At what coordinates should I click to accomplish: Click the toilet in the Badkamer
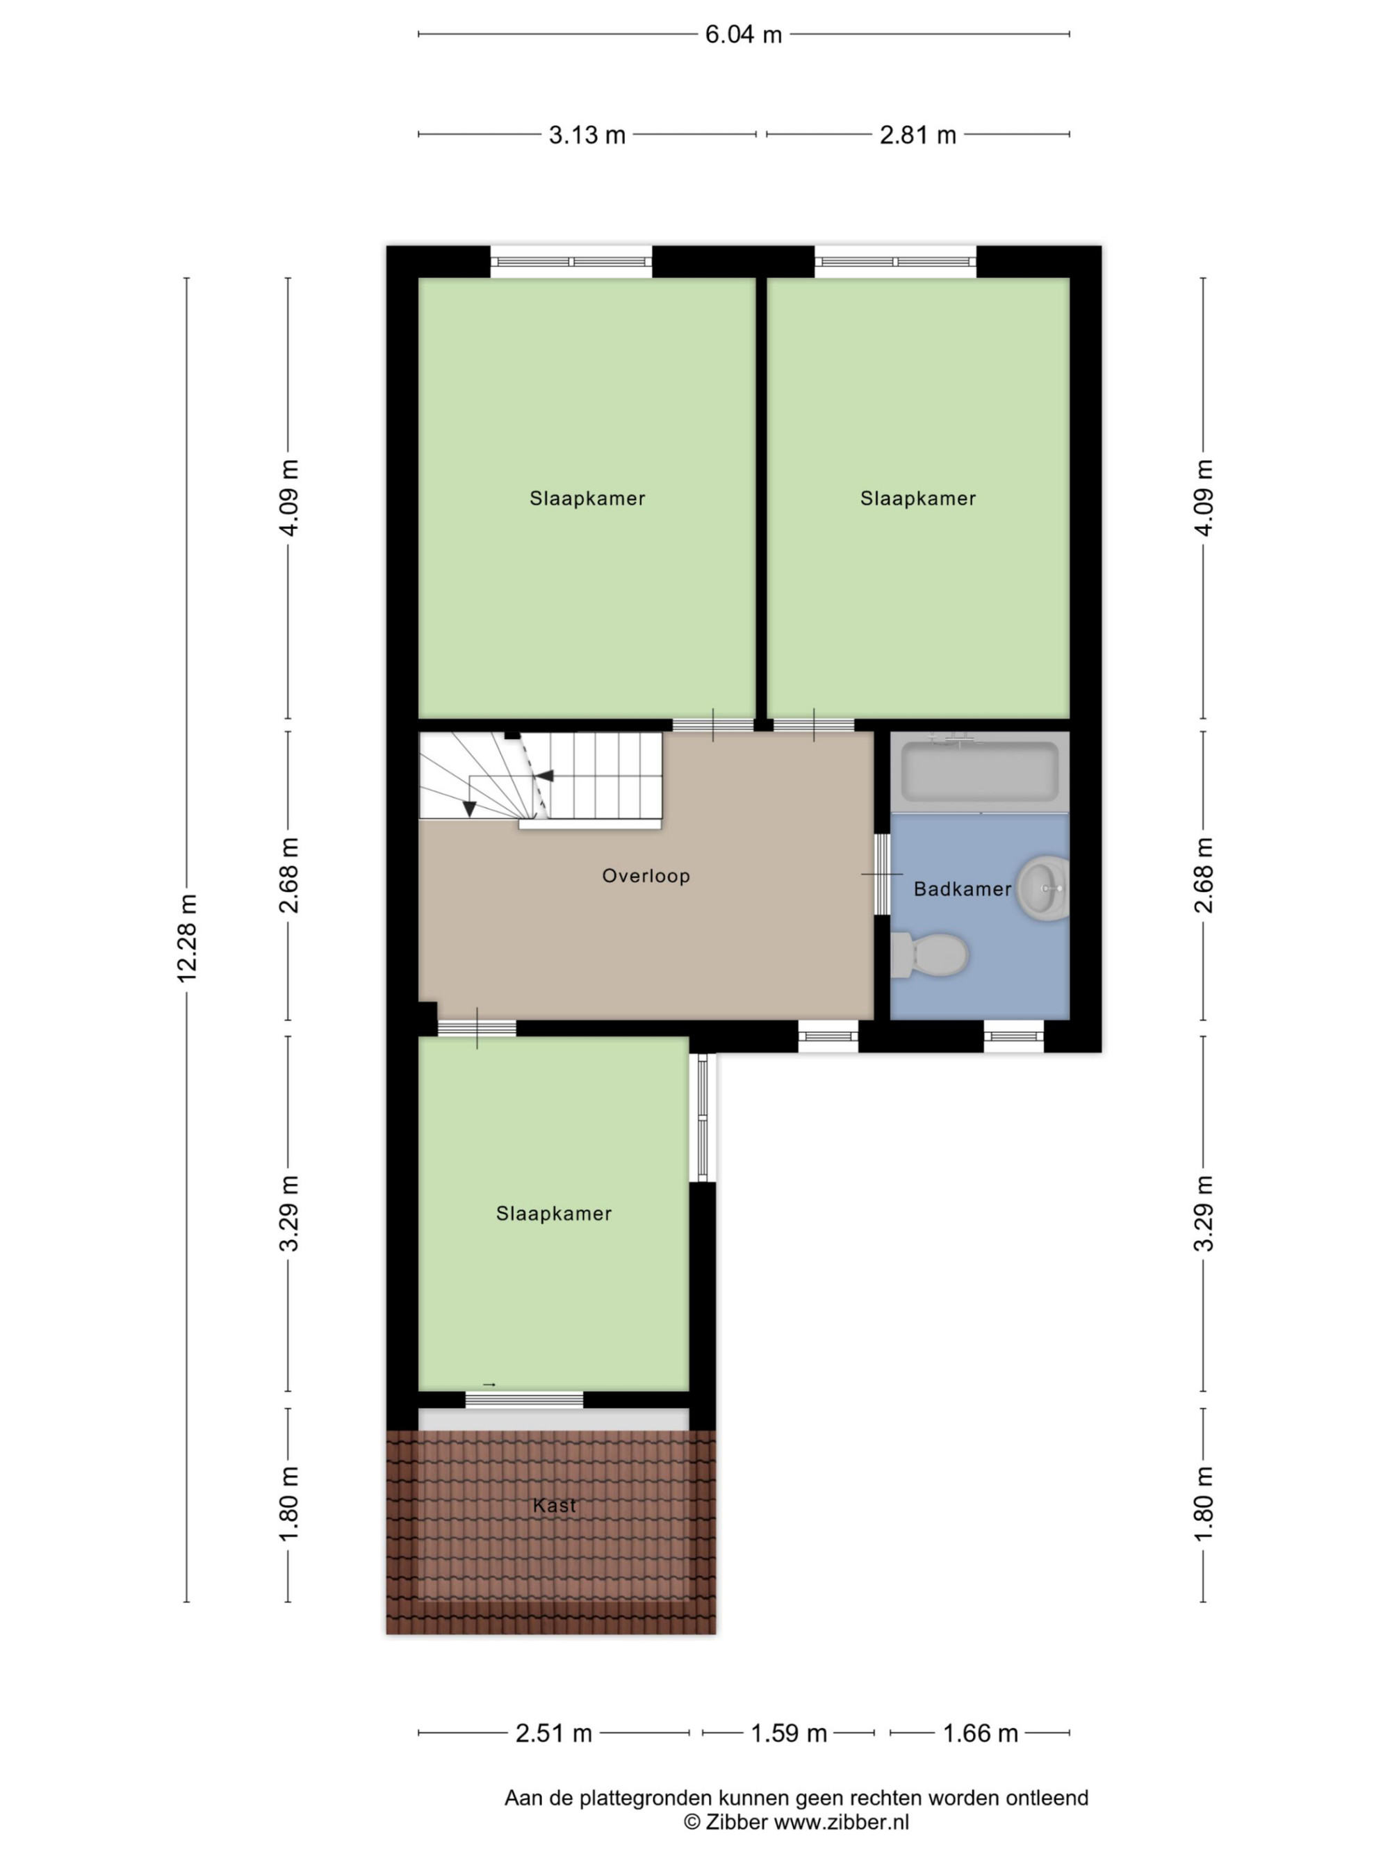point(929,954)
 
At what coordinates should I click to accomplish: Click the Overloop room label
point(646,876)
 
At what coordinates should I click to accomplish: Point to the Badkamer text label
point(962,889)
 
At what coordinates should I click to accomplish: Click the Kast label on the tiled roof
point(554,1505)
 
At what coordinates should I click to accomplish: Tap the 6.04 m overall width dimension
point(743,34)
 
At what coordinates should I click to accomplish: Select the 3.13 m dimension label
point(587,135)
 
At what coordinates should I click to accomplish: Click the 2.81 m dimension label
point(917,135)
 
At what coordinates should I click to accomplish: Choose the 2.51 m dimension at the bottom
point(553,1733)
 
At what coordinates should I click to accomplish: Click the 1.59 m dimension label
point(788,1733)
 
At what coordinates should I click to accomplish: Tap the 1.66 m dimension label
point(980,1733)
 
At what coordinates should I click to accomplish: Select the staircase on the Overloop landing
point(541,779)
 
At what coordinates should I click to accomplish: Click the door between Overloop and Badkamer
point(882,875)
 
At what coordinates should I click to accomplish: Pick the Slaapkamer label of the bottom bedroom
point(554,1214)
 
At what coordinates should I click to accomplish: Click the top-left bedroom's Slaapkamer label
point(587,498)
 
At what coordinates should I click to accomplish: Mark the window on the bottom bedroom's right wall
point(703,1117)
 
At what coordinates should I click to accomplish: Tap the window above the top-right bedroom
point(896,261)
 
